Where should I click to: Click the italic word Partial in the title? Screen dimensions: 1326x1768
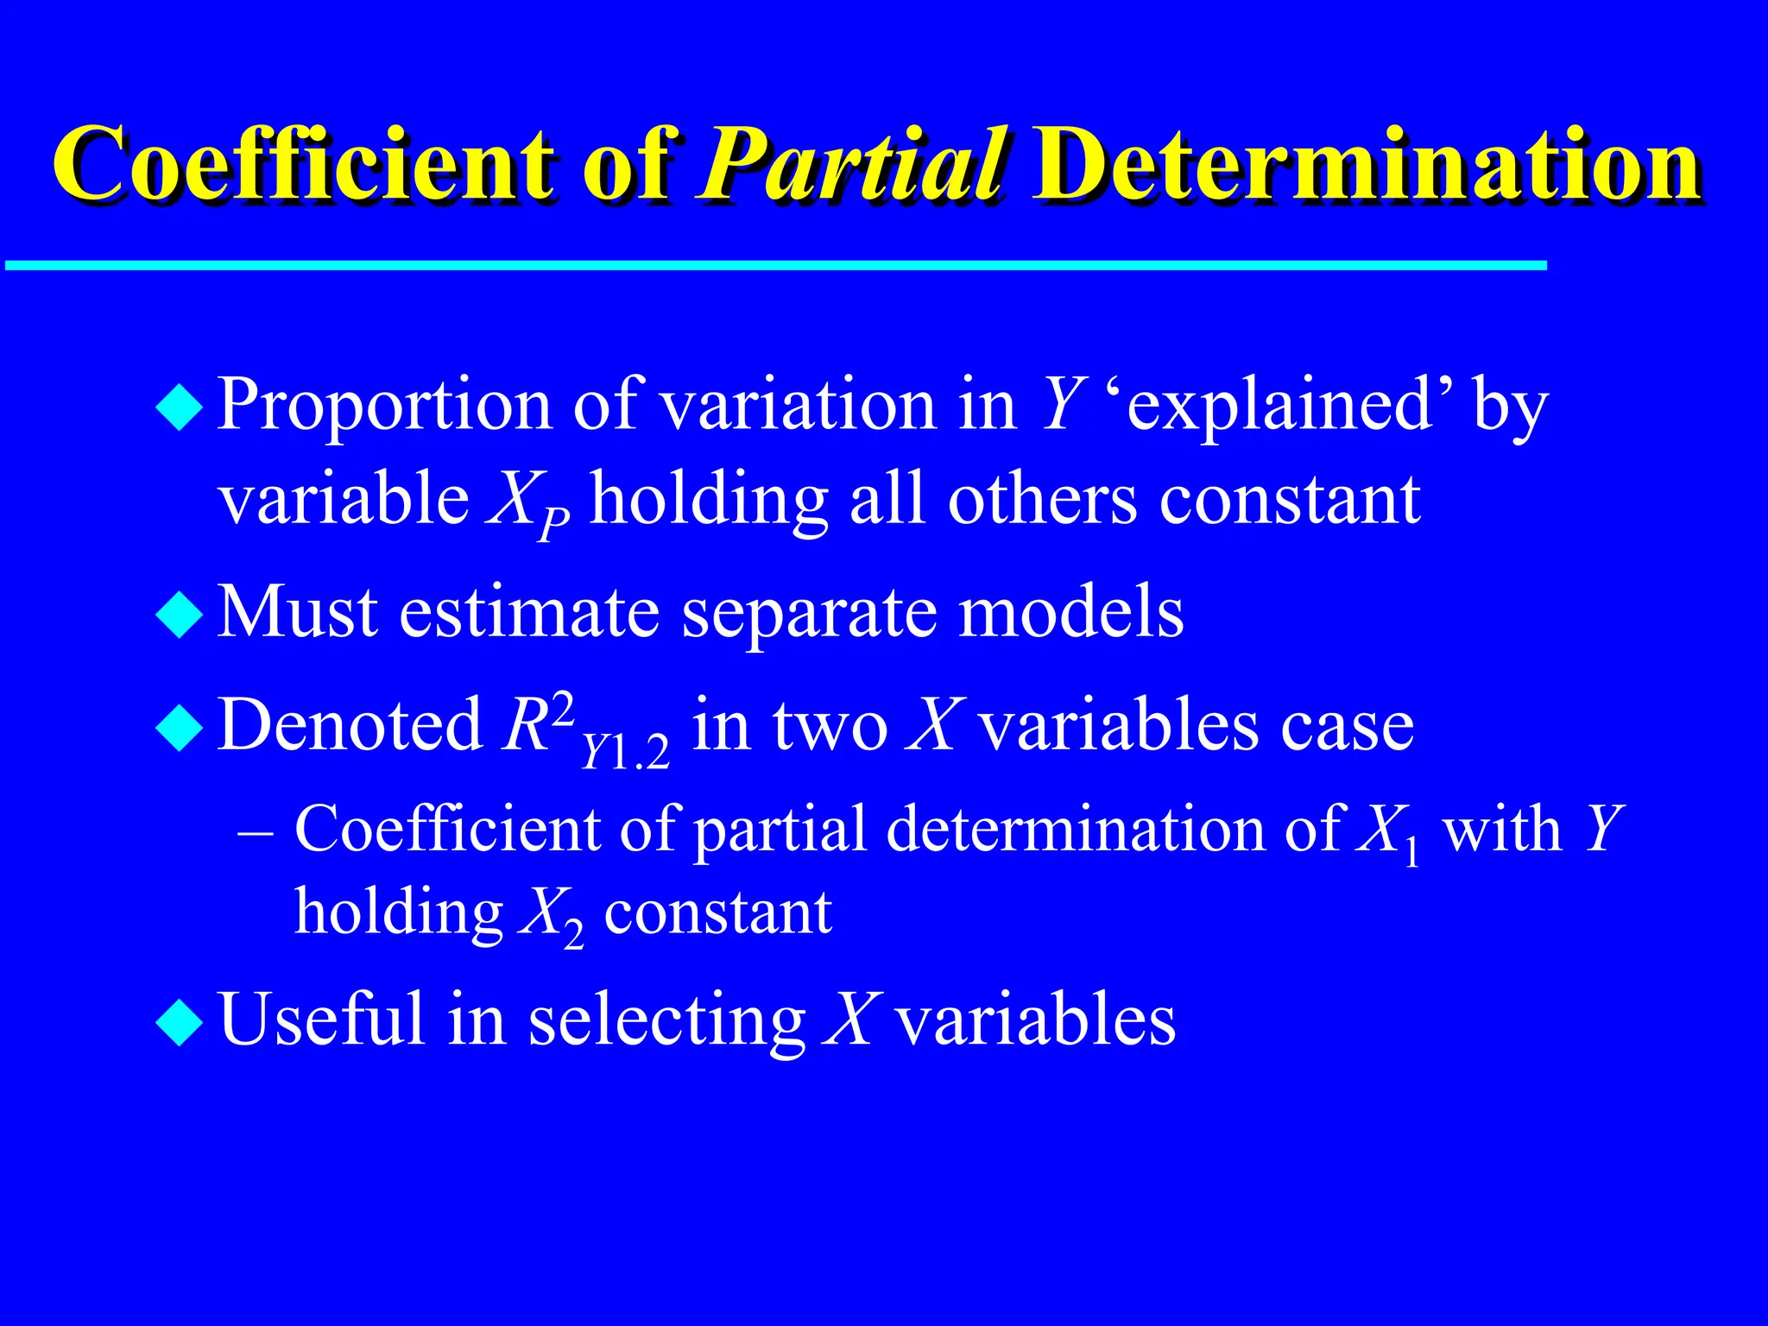tap(850, 164)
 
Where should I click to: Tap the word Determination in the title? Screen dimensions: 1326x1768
tap(1364, 164)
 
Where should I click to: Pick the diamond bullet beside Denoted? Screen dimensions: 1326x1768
tap(180, 728)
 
